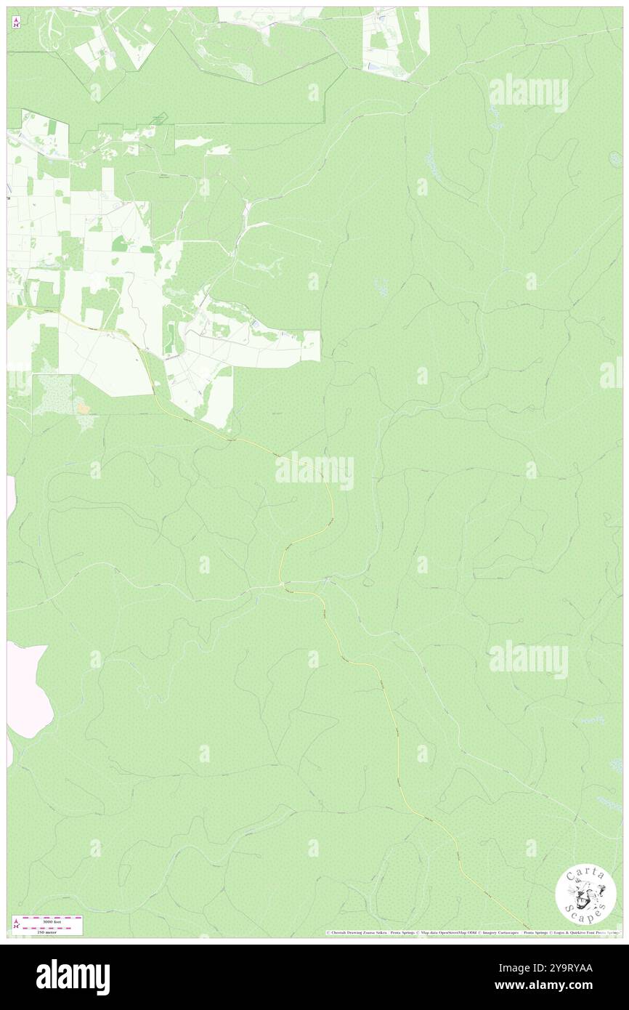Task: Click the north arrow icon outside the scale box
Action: [x=16, y=23]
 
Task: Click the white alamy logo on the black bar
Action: [x=73, y=977]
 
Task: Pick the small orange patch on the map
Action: [x=84, y=409]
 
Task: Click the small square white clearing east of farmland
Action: [x=311, y=346]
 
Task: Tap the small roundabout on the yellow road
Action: [x=283, y=583]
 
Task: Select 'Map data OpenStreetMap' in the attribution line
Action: [x=450, y=933]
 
